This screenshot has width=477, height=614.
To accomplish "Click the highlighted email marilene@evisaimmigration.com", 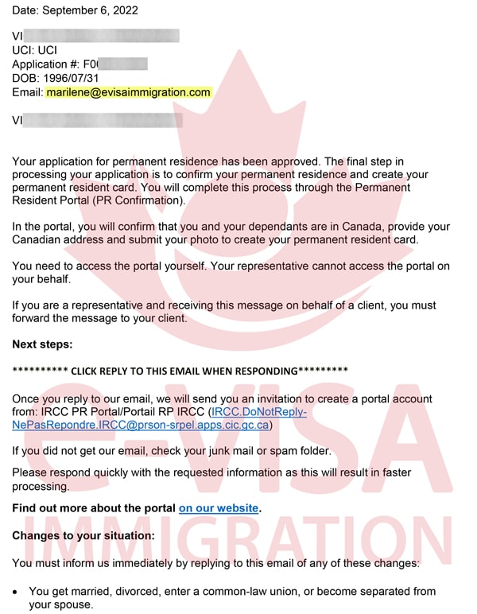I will point(128,92).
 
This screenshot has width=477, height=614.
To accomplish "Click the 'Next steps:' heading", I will point(41,345).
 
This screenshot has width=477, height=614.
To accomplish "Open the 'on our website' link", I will point(219,507).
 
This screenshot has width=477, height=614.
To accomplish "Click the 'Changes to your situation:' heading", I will point(83,536).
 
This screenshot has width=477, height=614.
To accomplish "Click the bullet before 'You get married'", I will point(17,592).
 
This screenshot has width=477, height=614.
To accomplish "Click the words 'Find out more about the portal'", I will point(94,507).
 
